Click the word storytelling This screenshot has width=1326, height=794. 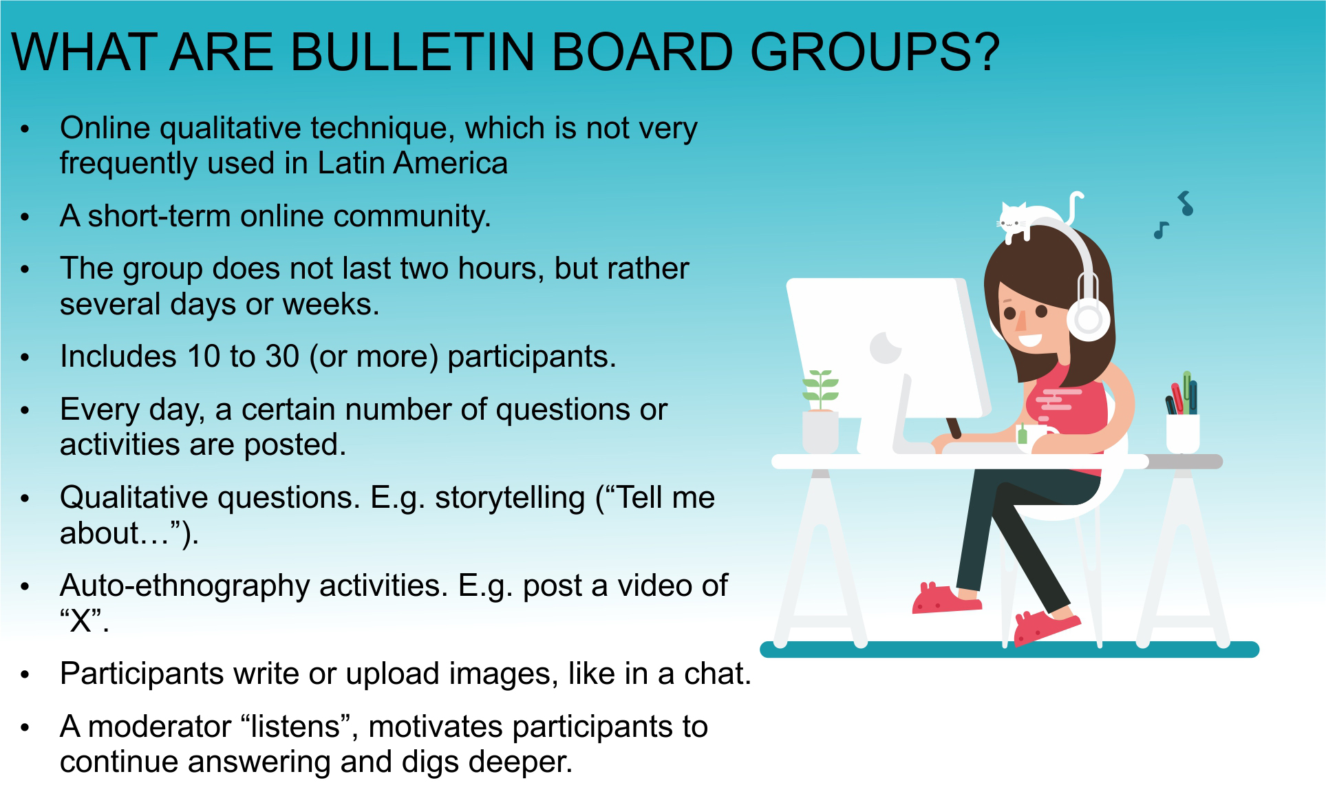(509, 498)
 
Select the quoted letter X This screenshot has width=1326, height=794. (81, 621)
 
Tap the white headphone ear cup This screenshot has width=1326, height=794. (1088, 319)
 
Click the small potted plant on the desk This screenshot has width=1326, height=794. (820, 411)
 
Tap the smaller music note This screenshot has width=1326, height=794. (1161, 230)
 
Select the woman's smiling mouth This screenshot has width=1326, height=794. (1029, 339)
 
